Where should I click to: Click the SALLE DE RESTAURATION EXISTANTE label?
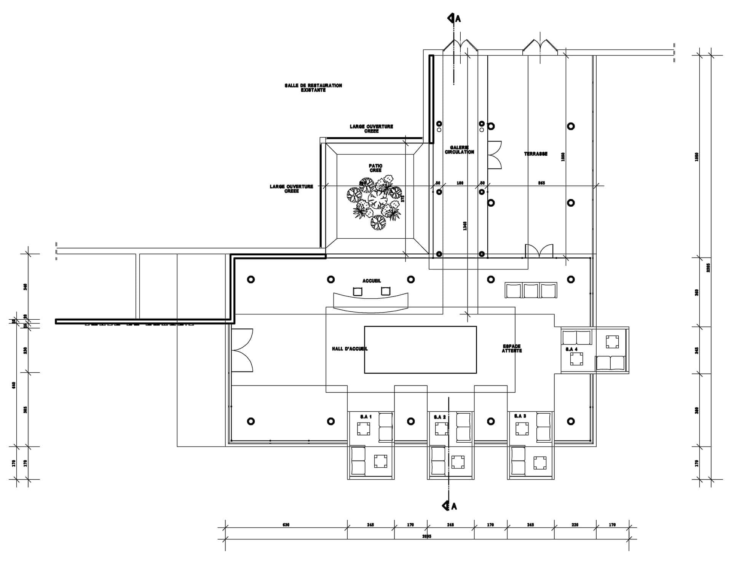tap(313, 88)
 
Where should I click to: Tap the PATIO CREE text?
tap(375, 168)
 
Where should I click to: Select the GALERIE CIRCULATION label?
tap(460, 150)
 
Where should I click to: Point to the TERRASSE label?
tap(536, 154)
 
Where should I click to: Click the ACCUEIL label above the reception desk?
tap(372, 281)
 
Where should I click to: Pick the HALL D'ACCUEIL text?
tap(350, 349)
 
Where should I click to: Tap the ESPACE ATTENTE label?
tap(512, 349)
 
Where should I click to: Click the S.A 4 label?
tap(571, 349)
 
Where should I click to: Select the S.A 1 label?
tap(365, 417)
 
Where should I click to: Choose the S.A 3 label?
tap(520, 416)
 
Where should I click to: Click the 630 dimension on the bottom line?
tap(286, 525)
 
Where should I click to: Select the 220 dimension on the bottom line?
tap(575, 525)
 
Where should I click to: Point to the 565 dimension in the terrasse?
tap(541, 183)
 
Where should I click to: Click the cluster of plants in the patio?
tap(375, 202)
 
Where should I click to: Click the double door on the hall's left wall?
tap(242, 350)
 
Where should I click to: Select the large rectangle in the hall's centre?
tap(420, 349)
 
